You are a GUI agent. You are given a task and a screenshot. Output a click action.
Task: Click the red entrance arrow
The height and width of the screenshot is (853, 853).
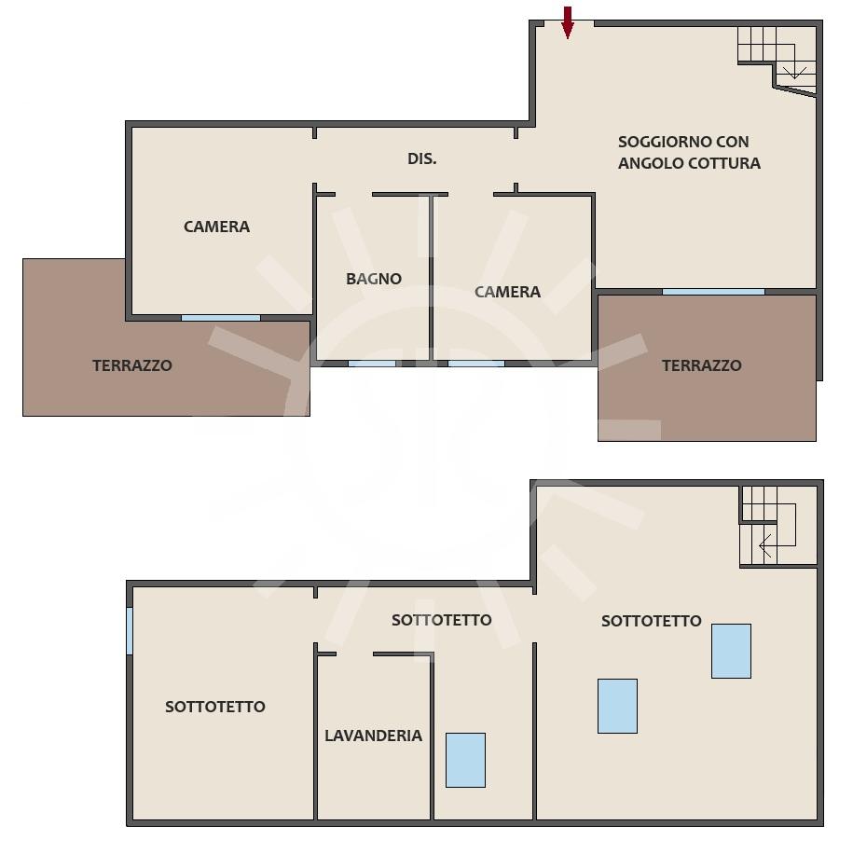568,23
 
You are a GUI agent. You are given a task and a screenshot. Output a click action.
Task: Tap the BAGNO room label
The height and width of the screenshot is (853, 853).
374,279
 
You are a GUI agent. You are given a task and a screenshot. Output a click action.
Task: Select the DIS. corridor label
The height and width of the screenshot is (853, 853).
422,158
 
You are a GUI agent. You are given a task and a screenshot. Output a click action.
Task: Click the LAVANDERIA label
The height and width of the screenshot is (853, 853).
373,736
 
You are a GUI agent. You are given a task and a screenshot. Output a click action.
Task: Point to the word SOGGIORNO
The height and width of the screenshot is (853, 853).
665,142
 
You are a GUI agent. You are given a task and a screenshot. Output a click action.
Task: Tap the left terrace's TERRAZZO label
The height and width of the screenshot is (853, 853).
132,365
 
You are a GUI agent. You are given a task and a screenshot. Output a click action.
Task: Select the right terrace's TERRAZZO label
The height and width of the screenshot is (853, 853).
702,365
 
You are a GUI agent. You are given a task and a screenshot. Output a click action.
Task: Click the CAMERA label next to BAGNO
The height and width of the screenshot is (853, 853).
507,292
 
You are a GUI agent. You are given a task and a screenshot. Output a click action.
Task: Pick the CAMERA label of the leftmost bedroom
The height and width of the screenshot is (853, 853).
216,227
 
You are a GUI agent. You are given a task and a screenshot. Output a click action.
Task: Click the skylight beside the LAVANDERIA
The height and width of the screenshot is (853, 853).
466,760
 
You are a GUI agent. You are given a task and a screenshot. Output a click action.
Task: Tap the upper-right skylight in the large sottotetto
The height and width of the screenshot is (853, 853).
731,652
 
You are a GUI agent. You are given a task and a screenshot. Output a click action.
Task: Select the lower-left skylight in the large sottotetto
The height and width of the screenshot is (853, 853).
617,706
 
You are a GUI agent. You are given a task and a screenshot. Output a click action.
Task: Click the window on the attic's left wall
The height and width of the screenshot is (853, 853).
130,631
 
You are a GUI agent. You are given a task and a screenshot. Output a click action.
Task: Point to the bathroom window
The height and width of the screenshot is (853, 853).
372,364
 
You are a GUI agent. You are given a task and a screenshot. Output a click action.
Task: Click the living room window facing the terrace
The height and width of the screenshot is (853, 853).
713,292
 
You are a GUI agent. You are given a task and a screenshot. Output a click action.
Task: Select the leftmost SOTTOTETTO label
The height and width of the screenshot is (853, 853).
215,707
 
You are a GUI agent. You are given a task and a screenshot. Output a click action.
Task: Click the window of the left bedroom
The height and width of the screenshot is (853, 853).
221,318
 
